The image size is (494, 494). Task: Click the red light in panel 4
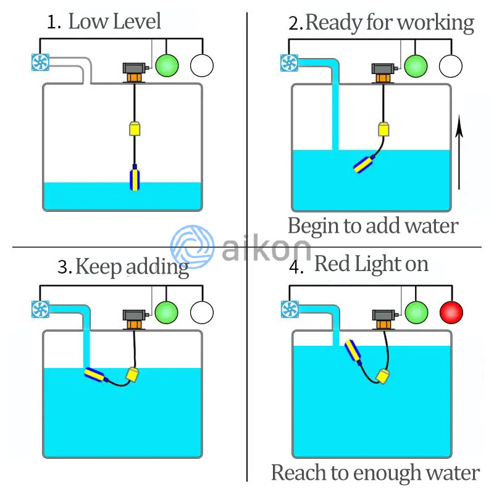[x=451, y=312]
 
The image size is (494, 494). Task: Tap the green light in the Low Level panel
[x=167, y=65]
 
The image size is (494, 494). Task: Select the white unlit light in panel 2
[x=451, y=65]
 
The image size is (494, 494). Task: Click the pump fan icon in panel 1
[x=40, y=62]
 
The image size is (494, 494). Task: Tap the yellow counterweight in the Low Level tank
[x=134, y=128]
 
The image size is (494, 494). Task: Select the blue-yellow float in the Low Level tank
[x=135, y=178]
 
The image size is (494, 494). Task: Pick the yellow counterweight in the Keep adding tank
[x=133, y=374]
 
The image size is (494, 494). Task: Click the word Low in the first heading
[x=86, y=22]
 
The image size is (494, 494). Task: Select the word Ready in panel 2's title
[x=332, y=23]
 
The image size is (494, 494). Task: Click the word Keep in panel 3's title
[x=99, y=267]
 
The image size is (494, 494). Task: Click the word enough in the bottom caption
[x=383, y=474]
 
